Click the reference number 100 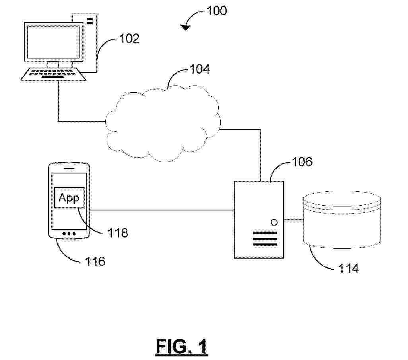coord(216,11)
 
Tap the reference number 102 coord(129,39)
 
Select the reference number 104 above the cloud coord(200,69)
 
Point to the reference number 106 coord(302,162)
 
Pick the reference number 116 coord(95,261)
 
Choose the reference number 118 coord(118,233)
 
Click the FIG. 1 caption coord(182,347)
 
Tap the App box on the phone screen coord(69,197)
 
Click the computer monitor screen coord(53,42)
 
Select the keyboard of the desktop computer coord(53,74)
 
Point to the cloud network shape coord(163,123)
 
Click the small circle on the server coord(274,222)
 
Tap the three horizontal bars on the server coord(265,239)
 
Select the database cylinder coord(342,220)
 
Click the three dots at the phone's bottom coord(69,234)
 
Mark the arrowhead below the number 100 coord(186,27)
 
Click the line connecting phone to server coord(162,210)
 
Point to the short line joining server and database coord(293,220)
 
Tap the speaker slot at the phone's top coord(69,169)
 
